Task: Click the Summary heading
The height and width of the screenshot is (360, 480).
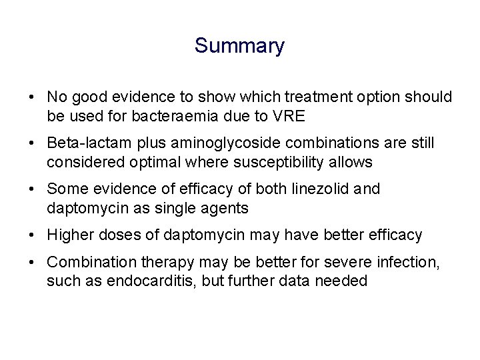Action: (x=239, y=46)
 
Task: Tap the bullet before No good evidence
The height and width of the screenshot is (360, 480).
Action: (x=33, y=97)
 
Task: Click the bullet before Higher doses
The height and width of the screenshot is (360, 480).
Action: (x=33, y=235)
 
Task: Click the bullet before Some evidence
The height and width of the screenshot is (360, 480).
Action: (x=33, y=189)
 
